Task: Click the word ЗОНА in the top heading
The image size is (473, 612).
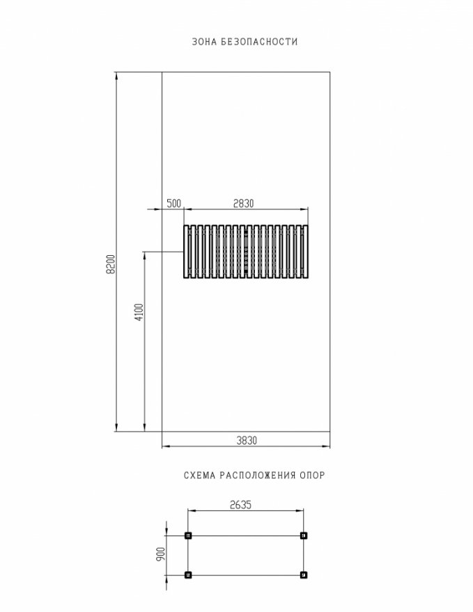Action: (204, 42)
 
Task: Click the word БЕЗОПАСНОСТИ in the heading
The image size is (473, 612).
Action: (260, 42)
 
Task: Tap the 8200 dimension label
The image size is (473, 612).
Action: (111, 264)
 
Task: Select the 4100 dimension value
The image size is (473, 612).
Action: (139, 312)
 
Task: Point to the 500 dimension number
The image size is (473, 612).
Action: (174, 203)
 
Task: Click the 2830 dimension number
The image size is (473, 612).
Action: (244, 203)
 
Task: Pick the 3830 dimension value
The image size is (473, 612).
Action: (247, 440)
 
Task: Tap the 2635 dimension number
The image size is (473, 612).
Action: (240, 505)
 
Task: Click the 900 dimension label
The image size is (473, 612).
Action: (161, 554)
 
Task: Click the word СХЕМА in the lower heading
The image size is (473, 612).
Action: (200, 476)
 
